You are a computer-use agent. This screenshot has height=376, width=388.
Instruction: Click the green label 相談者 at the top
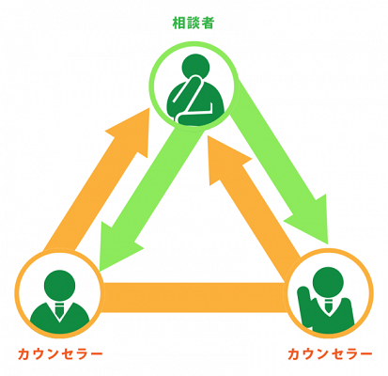194,23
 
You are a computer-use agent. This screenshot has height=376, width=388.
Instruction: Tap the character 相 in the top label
179,23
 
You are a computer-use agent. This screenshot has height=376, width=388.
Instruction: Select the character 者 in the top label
208,23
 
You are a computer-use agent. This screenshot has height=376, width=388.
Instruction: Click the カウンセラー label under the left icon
60,354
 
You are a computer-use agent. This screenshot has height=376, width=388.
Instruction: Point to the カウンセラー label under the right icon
330,354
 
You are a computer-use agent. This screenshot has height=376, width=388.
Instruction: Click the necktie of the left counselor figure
59,309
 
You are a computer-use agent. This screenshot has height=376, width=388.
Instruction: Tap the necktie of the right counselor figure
328,305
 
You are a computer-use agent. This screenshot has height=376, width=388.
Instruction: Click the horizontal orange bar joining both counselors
194,297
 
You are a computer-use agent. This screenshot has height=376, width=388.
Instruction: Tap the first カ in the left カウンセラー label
24,354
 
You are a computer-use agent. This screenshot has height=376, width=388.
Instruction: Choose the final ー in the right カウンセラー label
365,354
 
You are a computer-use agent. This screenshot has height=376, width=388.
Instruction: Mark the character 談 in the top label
194,23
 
